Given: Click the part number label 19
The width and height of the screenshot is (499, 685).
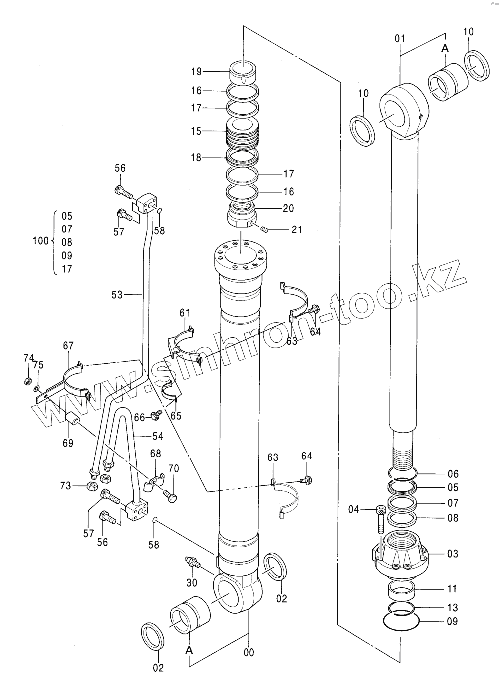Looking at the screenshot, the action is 197,72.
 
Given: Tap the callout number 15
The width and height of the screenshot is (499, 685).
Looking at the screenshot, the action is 196,131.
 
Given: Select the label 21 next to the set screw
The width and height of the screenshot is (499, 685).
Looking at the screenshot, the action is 296,229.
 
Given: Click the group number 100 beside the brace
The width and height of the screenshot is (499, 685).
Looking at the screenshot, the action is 41,241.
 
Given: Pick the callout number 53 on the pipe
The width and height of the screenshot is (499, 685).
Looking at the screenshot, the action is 117,295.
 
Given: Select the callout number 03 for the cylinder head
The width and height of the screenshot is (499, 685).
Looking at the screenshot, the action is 453,554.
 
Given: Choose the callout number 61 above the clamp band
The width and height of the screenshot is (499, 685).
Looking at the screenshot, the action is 185,313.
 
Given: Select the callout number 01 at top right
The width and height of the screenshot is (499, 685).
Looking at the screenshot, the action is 400,38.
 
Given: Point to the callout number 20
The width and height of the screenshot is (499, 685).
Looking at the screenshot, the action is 288,208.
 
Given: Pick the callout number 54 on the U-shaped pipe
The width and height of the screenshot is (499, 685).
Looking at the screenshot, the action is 158,436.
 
